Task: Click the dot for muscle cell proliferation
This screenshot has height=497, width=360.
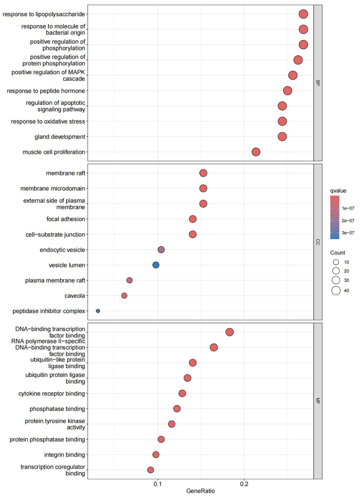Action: [256, 152]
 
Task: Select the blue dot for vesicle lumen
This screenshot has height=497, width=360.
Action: [156, 265]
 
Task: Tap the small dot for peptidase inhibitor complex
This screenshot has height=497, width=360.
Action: [98, 311]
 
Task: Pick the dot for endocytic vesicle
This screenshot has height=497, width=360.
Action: [161, 250]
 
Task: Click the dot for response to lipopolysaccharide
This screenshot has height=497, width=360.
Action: [303, 14]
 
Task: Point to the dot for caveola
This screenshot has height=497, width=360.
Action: [124, 296]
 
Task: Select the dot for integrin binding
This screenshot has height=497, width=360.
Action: [156, 454]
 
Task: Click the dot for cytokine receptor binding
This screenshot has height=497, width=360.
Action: [182, 393]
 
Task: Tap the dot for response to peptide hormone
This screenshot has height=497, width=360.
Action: [287, 90]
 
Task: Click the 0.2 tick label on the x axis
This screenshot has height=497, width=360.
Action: [244, 484]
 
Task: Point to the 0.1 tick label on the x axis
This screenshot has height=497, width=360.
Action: [158, 484]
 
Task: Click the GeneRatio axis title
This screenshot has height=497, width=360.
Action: [200, 491]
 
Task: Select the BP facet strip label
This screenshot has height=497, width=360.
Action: [318, 83]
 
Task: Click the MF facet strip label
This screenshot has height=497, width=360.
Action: [318, 401]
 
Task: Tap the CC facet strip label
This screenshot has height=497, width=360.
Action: [318, 242]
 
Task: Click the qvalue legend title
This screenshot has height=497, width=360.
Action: [338, 191]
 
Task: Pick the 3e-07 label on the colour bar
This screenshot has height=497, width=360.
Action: [348, 233]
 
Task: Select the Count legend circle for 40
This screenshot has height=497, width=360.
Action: [336, 290]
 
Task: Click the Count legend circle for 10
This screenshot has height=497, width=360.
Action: [336, 262]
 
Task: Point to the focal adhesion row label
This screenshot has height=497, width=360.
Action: [66, 219]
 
